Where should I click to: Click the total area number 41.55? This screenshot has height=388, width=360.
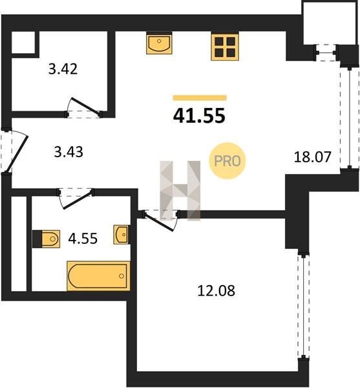click(x=199, y=116)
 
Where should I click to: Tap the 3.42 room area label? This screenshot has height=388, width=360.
click(x=63, y=69)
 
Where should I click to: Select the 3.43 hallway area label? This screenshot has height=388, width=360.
click(x=69, y=152)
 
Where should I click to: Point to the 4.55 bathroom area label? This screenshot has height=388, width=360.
click(x=83, y=239)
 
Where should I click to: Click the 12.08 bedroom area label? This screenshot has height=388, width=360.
click(x=216, y=291)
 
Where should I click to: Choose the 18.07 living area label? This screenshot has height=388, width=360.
click(x=312, y=157)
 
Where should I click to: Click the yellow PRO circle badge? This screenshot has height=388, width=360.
click(x=228, y=161)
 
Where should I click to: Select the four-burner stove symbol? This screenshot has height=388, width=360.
click(x=225, y=47)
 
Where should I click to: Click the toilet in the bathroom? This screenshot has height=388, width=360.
click(x=47, y=239)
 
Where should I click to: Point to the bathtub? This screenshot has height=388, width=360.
click(x=98, y=276)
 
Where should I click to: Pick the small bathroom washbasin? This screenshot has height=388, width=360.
click(x=122, y=234)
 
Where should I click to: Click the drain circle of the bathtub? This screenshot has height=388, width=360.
click(x=122, y=276)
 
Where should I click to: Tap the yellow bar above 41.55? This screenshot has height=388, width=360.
click(x=200, y=98)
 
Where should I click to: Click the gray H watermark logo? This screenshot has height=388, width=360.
click(x=180, y=191)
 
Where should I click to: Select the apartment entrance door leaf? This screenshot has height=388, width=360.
click(x=17, y=153)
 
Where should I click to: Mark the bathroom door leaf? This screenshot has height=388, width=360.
click(x=78, y=199)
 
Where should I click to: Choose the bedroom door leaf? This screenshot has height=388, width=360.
click(x=158, y=222)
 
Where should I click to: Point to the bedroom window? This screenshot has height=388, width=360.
click(x=303, y=306)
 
